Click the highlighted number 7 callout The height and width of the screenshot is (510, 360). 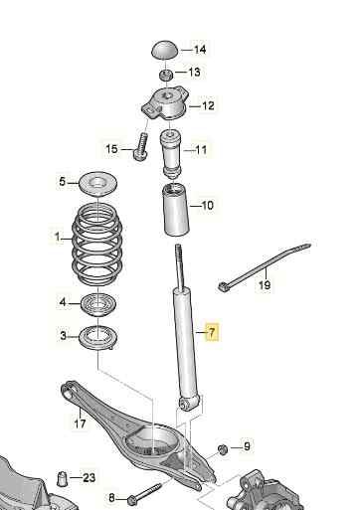212,331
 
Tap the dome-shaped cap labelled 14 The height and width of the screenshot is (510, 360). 165,50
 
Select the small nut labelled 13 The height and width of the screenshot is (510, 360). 165,75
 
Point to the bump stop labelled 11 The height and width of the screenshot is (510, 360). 171,154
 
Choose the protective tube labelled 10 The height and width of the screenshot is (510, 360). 176,210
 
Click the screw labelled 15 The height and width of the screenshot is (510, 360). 140,146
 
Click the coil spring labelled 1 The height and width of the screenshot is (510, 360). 98,244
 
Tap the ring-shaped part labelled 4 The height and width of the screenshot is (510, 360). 98,304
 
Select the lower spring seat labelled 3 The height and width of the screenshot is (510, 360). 98,338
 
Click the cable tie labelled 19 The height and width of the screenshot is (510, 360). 266,266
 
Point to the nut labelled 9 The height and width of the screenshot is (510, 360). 223,450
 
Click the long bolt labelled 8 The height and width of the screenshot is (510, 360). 144,491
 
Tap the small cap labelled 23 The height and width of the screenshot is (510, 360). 62,478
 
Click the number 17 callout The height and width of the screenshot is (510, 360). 80,424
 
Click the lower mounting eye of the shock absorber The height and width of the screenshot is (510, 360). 186,404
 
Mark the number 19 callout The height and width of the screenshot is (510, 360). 265,285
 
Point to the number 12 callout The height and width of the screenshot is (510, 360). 208,105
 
